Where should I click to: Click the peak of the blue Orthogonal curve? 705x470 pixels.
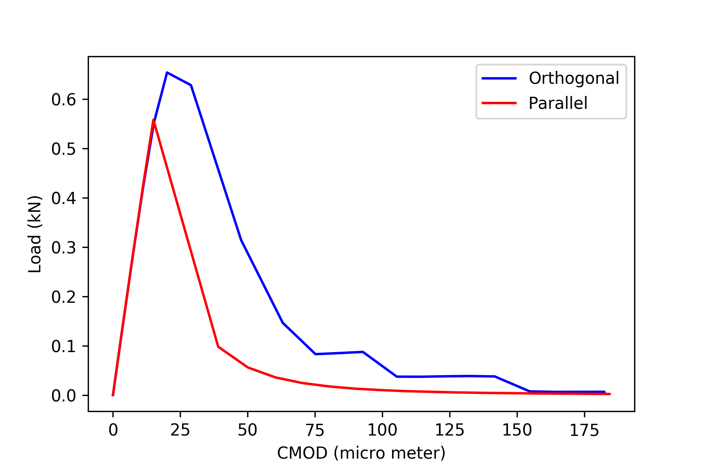[x=167, y=72]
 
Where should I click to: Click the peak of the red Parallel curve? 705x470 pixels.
[x=154, y=120]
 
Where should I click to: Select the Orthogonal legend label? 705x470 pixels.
[x=574, y=78]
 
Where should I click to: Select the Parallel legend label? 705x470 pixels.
[x=558, y=103]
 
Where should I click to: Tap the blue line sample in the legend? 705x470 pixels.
[x=499, y=78]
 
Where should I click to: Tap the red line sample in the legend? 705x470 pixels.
[x=499, y=103]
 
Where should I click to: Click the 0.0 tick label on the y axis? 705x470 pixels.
[x=63, y=396]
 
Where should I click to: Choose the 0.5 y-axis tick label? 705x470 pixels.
[x=63, y=149]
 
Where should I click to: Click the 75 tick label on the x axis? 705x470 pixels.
[x=315, y=430]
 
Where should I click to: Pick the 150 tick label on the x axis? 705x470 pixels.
[x=517, y=430]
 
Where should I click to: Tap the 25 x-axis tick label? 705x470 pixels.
[x=180, y=430]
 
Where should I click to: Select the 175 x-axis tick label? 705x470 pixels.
[x=584, y=430]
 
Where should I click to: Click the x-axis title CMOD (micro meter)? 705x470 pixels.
[x=361, y=453]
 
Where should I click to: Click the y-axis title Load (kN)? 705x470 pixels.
[x=35, y=234]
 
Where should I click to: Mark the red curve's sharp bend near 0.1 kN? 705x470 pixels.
[x=218, y=347]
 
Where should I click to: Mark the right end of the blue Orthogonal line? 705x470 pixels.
[x=604, y=392]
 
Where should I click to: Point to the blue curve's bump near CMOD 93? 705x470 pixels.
[x=363, y=352]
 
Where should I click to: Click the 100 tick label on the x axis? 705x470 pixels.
[x=382, y=430]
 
